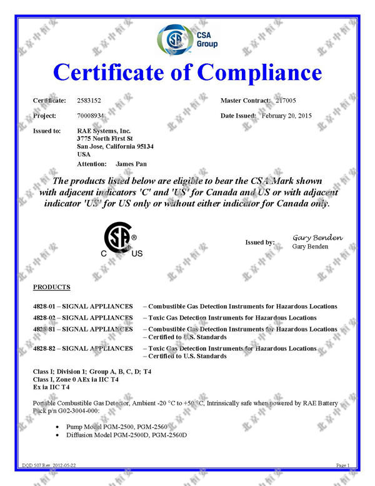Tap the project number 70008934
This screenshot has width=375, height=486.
[x=90, y=116]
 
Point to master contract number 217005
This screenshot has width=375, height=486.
[x=286, y=100]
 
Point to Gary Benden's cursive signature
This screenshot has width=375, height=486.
[x=317, y=238]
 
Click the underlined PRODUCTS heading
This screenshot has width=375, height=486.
[x=51, y=287]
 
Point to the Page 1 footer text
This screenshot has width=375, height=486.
[x=342, y=466]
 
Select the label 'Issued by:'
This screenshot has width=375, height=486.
[x=259, y=242]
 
